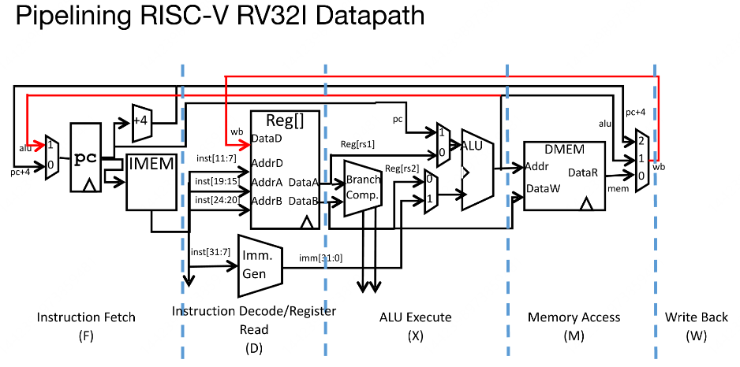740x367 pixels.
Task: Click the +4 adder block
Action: [x=142, y=118]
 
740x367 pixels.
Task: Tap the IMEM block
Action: [x=150, y=176]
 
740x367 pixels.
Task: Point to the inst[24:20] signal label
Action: [x=215, y=200]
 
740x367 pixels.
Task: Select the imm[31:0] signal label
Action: [x=320, y=258]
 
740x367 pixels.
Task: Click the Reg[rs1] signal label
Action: [x=357, y=144]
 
